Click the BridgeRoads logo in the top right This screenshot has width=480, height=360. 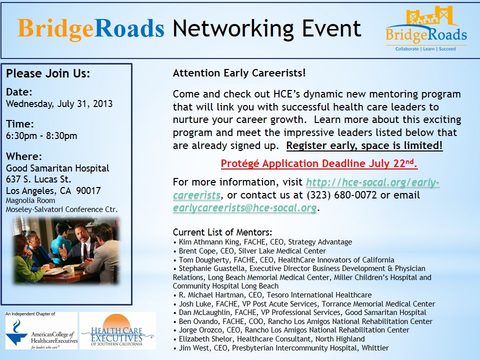point(426,28)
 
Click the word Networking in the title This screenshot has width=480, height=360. point(232,29)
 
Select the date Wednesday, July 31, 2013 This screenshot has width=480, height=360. point(59,104)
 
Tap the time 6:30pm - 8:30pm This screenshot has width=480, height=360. point(41,135)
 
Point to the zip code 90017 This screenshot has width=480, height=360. point(88,190)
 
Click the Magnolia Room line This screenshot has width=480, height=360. point(30,200)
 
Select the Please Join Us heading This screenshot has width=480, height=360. point(48,73)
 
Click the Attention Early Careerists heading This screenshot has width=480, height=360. point(239,73)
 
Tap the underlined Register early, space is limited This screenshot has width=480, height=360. point(364,145)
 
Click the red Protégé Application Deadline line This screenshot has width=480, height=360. point(319,163)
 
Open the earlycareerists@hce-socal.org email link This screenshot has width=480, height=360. point(244,208)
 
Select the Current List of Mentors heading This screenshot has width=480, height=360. point(222,232)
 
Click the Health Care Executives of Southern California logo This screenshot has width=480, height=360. point(117,331)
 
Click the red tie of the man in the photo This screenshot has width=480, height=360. point(85,250)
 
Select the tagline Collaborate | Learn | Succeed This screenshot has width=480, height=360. point(425,49)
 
